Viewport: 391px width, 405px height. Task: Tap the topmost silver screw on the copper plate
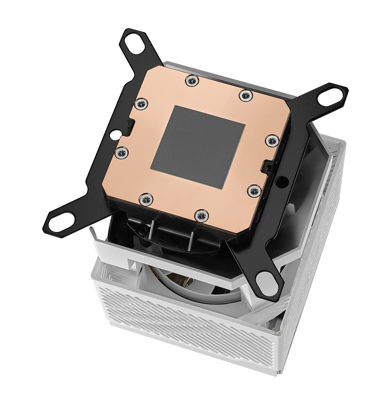coord(193,80)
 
